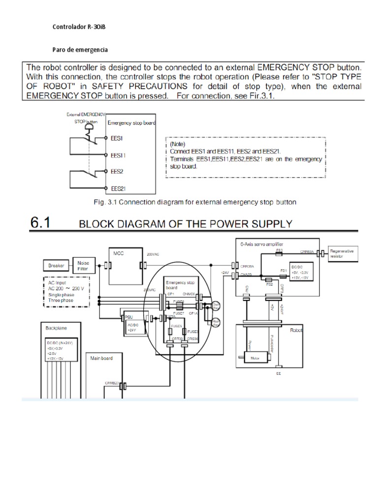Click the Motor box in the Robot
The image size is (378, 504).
tap(255, 358)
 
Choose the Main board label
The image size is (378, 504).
tap(101, 358)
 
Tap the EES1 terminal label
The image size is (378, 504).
tap(117, 139)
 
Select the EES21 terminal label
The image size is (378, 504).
tap(118, 188)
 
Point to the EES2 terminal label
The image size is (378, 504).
tap(117, 172)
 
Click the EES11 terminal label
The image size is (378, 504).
tap(118, 155)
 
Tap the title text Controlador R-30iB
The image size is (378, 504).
tap(79, 27)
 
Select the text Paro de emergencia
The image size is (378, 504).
tap(80, 50)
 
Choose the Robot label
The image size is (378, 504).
tap(298, 331)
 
